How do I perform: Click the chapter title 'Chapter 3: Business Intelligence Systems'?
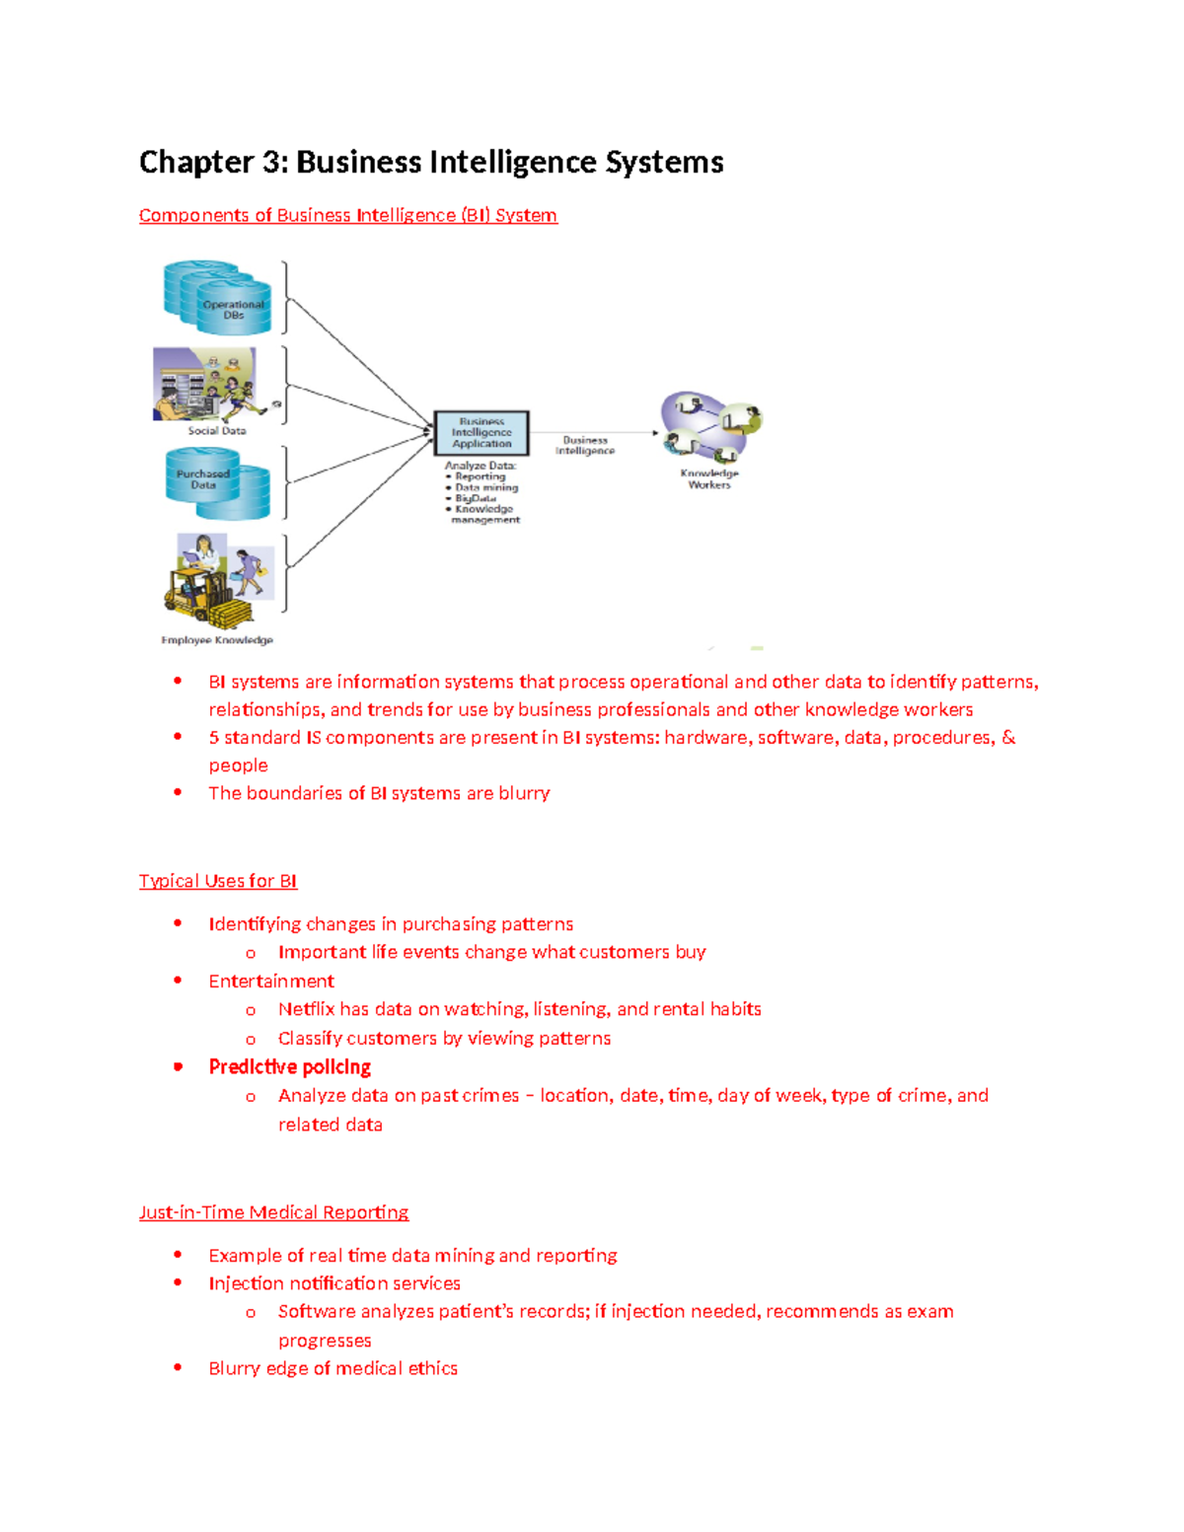431,163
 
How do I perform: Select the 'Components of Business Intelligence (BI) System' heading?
347,216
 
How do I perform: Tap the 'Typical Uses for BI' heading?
218,881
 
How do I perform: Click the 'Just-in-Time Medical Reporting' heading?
273,1212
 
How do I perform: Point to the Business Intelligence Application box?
481,433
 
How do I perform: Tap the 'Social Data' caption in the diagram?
217,431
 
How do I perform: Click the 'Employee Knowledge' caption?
217,640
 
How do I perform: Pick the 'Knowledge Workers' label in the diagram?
709,479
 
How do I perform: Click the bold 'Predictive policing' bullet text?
289,1067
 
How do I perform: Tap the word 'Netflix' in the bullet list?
306,1009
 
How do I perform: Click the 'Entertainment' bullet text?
271,982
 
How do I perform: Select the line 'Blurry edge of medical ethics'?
333,1368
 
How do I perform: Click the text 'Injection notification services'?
334,1283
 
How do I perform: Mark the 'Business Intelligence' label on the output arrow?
585,446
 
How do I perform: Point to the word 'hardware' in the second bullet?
705,738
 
